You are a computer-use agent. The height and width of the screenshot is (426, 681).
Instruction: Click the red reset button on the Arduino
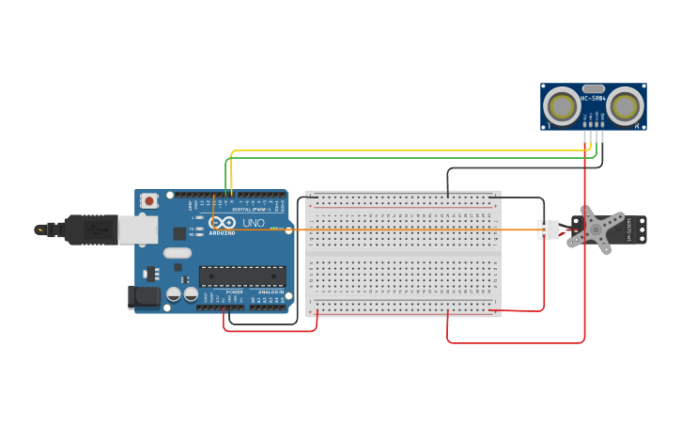tap(149, 200)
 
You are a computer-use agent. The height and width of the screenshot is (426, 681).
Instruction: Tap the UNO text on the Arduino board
tap(254, 223)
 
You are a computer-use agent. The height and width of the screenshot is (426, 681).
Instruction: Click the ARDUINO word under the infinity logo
tap(223, 232)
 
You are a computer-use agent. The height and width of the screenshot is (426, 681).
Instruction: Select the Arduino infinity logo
tap(223, 222)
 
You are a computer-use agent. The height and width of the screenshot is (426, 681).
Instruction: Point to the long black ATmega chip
tap(241, 276)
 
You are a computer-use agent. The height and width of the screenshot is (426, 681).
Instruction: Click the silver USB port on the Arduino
tap(135, 229)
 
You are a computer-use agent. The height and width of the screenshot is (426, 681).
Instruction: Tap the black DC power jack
tap(142, 297)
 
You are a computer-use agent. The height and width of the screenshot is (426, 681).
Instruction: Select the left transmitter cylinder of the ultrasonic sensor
tap(563, 106)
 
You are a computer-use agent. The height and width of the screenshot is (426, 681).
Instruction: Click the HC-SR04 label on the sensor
tap(594, 98)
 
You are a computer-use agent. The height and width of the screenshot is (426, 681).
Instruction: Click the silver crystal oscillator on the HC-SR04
tap(594, 88)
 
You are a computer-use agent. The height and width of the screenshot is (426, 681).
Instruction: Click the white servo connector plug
tap(547, 229)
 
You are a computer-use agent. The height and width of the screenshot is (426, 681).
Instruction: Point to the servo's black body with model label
tap(635, 229)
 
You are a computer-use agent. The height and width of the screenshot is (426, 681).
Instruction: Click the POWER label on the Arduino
tap(235, 292)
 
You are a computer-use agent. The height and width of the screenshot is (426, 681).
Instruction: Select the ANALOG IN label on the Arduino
tap(271, 292)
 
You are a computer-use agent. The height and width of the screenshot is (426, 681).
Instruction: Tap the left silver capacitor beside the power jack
tap(174, 294)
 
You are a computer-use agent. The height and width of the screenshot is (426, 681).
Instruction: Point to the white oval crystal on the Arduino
tap(177, 252)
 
